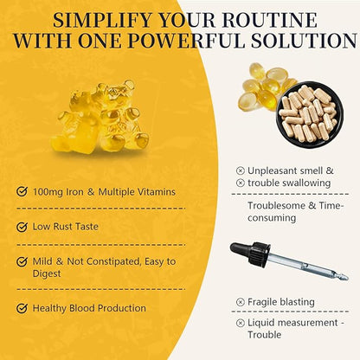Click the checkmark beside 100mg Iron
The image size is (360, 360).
[22, 191]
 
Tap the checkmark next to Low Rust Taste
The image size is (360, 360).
[22, 227]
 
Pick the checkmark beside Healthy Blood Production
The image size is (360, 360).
[22, 308]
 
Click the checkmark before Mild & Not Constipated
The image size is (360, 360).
[22, 261]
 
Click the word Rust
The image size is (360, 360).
[62, 227]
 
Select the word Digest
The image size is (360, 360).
[47, 273]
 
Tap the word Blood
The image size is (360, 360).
[82, 308]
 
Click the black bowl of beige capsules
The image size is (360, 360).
[310, 114]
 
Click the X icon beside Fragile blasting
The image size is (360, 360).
[241, 302]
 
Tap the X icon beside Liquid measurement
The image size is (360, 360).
[241, 323]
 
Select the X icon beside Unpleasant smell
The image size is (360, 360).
[241, 170]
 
